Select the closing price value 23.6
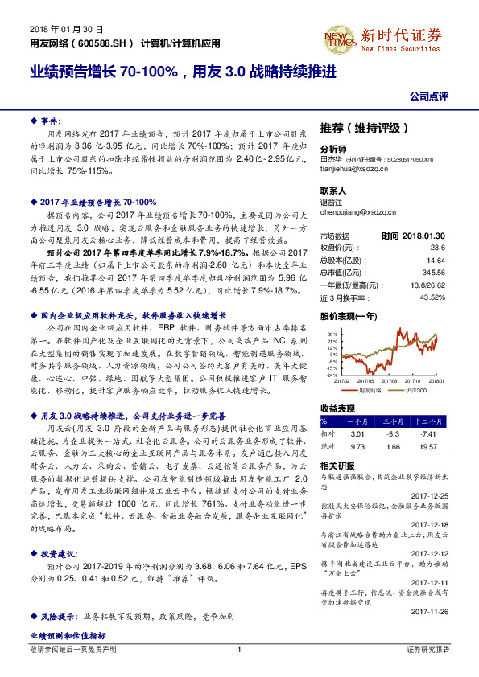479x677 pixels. tap(437, 248)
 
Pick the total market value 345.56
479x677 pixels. tap(433, 273)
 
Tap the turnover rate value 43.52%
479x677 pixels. tap(432, 298)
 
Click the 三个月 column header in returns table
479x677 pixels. tap(393, 421)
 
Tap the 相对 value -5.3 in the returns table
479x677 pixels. tap(393, 433)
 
